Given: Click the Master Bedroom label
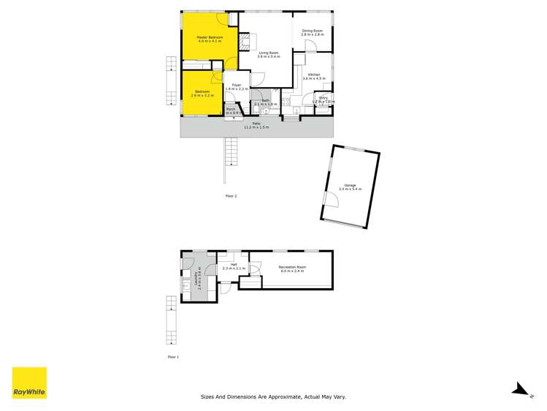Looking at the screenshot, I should [209, 37].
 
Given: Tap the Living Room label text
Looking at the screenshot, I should [269, 53].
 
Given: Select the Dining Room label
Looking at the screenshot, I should [312, 31].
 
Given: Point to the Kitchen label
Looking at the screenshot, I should [313, 75].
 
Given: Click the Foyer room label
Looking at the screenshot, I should [237, 86].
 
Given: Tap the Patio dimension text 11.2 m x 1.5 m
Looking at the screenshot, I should [256, 127].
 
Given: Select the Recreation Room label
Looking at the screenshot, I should [292, 267].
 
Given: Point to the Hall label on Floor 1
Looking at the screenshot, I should [234, 265].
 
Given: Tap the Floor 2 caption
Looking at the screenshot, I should [231, 196].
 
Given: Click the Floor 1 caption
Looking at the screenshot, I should [173, 357].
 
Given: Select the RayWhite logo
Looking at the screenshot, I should [29, 382].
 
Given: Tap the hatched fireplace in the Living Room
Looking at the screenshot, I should [245, 39].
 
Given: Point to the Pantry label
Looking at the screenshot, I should [324, 97].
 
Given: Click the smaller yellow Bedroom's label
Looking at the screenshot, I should [201, 92].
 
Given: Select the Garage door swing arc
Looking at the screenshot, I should [330, 198].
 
